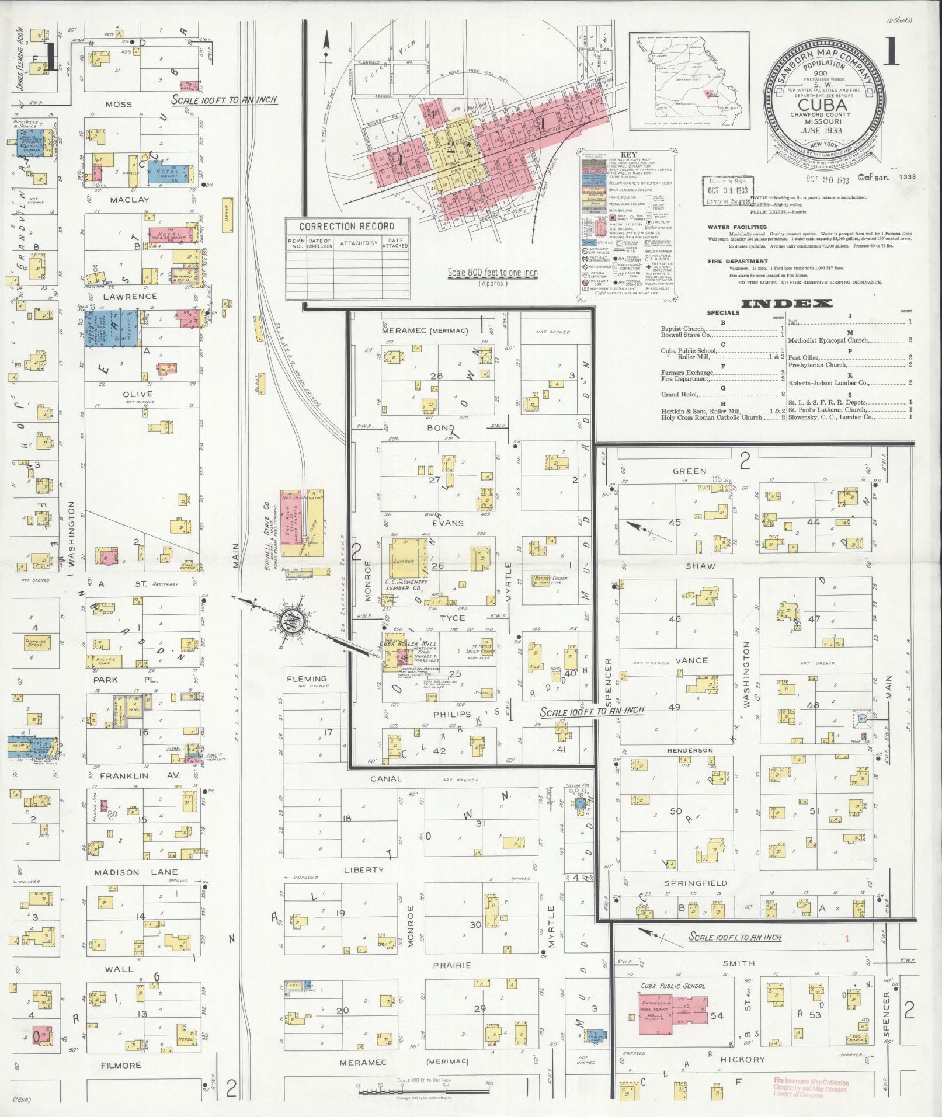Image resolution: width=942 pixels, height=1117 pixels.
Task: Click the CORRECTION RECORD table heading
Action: (x=347, y=226)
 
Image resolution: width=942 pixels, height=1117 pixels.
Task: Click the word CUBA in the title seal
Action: (x=823, y=105)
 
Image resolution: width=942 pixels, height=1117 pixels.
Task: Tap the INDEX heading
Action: (x=786, y=303)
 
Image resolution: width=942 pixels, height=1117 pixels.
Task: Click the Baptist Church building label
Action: (x=544, y=579)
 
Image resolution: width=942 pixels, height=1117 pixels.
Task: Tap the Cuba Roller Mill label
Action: (x=402, y=643)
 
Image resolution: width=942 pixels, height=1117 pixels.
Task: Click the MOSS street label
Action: (x=119, y=105)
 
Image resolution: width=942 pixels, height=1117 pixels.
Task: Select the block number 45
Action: (x=675, y=522)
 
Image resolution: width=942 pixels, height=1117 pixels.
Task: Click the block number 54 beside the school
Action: (x=717, y=1016)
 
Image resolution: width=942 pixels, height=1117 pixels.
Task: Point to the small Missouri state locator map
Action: (x=689, y=79)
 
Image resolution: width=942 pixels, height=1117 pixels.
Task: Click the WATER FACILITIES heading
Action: (x=736, y=227)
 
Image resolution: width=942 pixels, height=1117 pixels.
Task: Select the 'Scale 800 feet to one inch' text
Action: (x=492, y=272)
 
